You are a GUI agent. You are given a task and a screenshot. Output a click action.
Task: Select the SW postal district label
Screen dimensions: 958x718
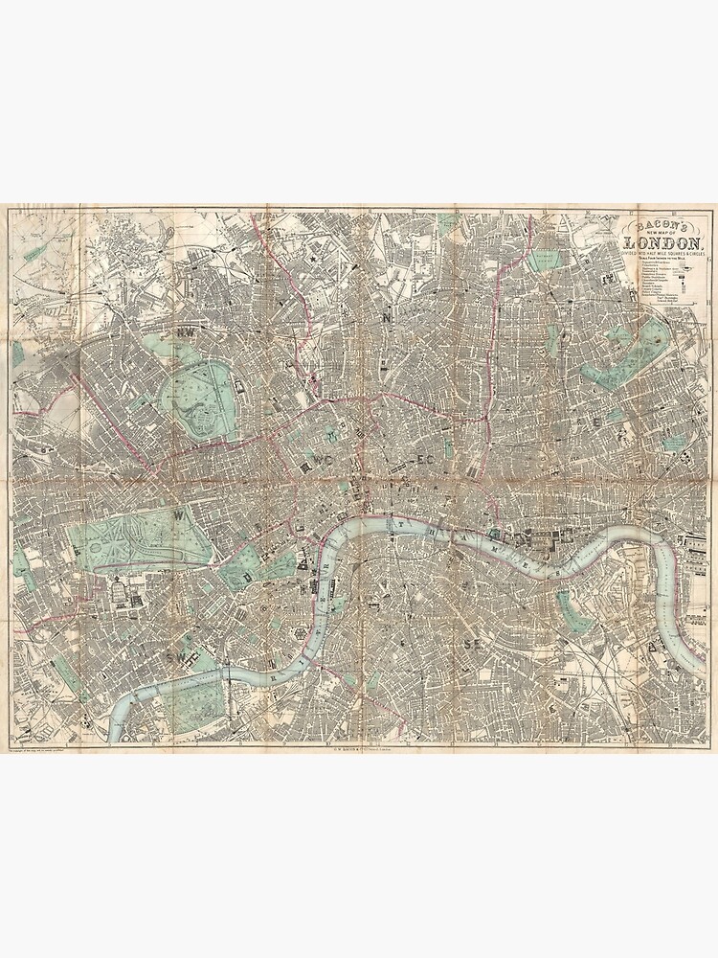click(x=176, y=658)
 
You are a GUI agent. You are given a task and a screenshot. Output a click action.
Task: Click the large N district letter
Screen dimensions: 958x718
click(x=387, y=317)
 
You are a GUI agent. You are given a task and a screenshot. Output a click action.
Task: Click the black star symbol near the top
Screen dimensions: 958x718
click(x=312, y=258)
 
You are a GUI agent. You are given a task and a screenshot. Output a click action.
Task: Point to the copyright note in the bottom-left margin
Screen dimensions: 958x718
click(x=48, y=749)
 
